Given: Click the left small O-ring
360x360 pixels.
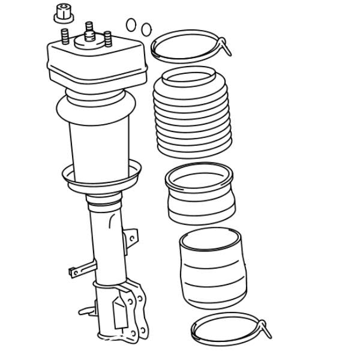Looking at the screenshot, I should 131,25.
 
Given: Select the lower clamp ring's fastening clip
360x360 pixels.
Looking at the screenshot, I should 263,329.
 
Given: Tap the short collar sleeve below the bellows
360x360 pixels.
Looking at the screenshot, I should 200,195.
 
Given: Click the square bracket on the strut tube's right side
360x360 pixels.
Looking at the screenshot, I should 131,240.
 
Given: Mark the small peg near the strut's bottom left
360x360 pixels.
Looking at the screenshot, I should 86,311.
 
